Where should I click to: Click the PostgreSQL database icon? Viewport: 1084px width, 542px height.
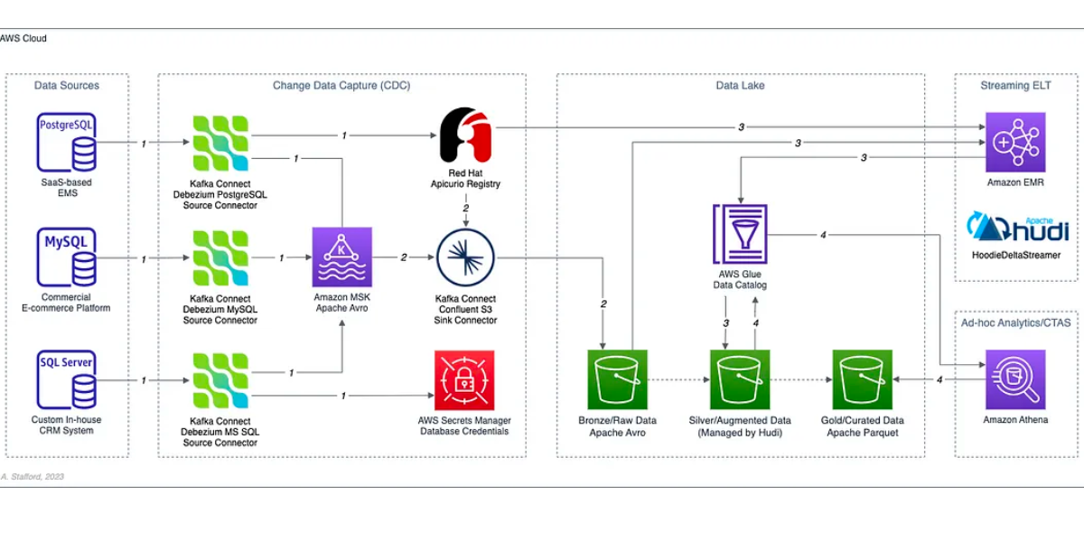pos(67,142)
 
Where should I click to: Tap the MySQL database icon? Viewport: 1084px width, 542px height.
pos(67,257)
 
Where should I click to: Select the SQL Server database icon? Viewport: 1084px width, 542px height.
pos(67,380)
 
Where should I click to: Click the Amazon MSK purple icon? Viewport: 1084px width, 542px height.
pos(342,257)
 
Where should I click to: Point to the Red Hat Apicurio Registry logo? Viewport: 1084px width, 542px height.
pos(465,136)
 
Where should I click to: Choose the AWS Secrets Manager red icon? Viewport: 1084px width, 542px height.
pos(464,380)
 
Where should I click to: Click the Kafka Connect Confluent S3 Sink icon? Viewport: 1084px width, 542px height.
pos(465,257)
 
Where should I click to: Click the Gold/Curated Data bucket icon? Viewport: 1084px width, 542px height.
pos(862,380)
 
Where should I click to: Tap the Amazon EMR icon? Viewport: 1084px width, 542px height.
pos(1015,142)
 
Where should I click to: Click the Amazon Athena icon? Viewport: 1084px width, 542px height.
pos(1015,380)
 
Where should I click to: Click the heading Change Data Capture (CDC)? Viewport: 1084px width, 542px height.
pos(341,86)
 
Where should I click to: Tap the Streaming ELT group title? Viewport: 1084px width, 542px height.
pos(1016,86)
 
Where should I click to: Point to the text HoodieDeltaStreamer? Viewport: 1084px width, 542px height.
pos(1016,256)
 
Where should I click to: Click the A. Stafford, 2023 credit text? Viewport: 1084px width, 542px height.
pos(33,476)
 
